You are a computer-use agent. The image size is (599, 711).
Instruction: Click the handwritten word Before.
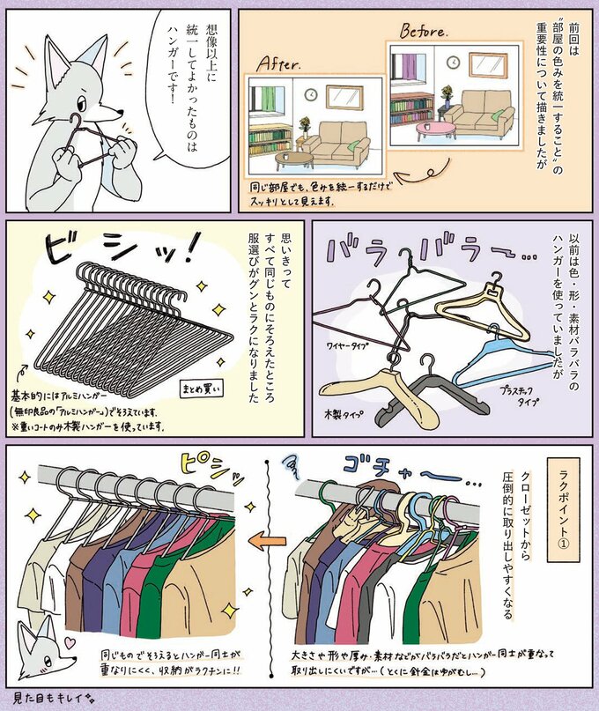425,30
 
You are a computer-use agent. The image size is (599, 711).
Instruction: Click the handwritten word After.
281,64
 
